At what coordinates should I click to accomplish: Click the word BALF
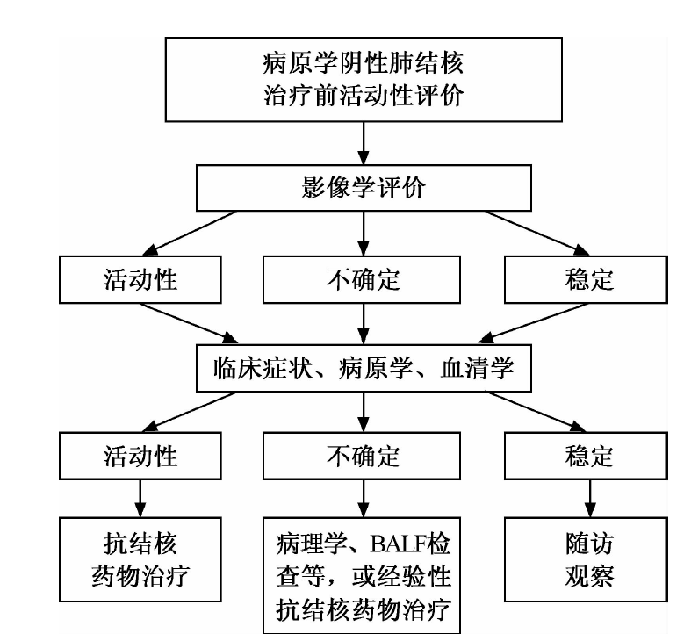coord(398,544)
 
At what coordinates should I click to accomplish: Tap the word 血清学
coord(478,368)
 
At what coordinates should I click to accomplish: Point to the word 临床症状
coord(263,368)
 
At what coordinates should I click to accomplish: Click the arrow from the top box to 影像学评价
coord(364,143)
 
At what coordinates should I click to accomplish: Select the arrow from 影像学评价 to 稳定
coord(537,233)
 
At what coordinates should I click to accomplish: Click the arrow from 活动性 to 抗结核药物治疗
coord(140,499)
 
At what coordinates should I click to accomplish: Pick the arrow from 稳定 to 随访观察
coord(590,499)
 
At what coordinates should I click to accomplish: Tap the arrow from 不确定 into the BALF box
coord(364,499)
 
